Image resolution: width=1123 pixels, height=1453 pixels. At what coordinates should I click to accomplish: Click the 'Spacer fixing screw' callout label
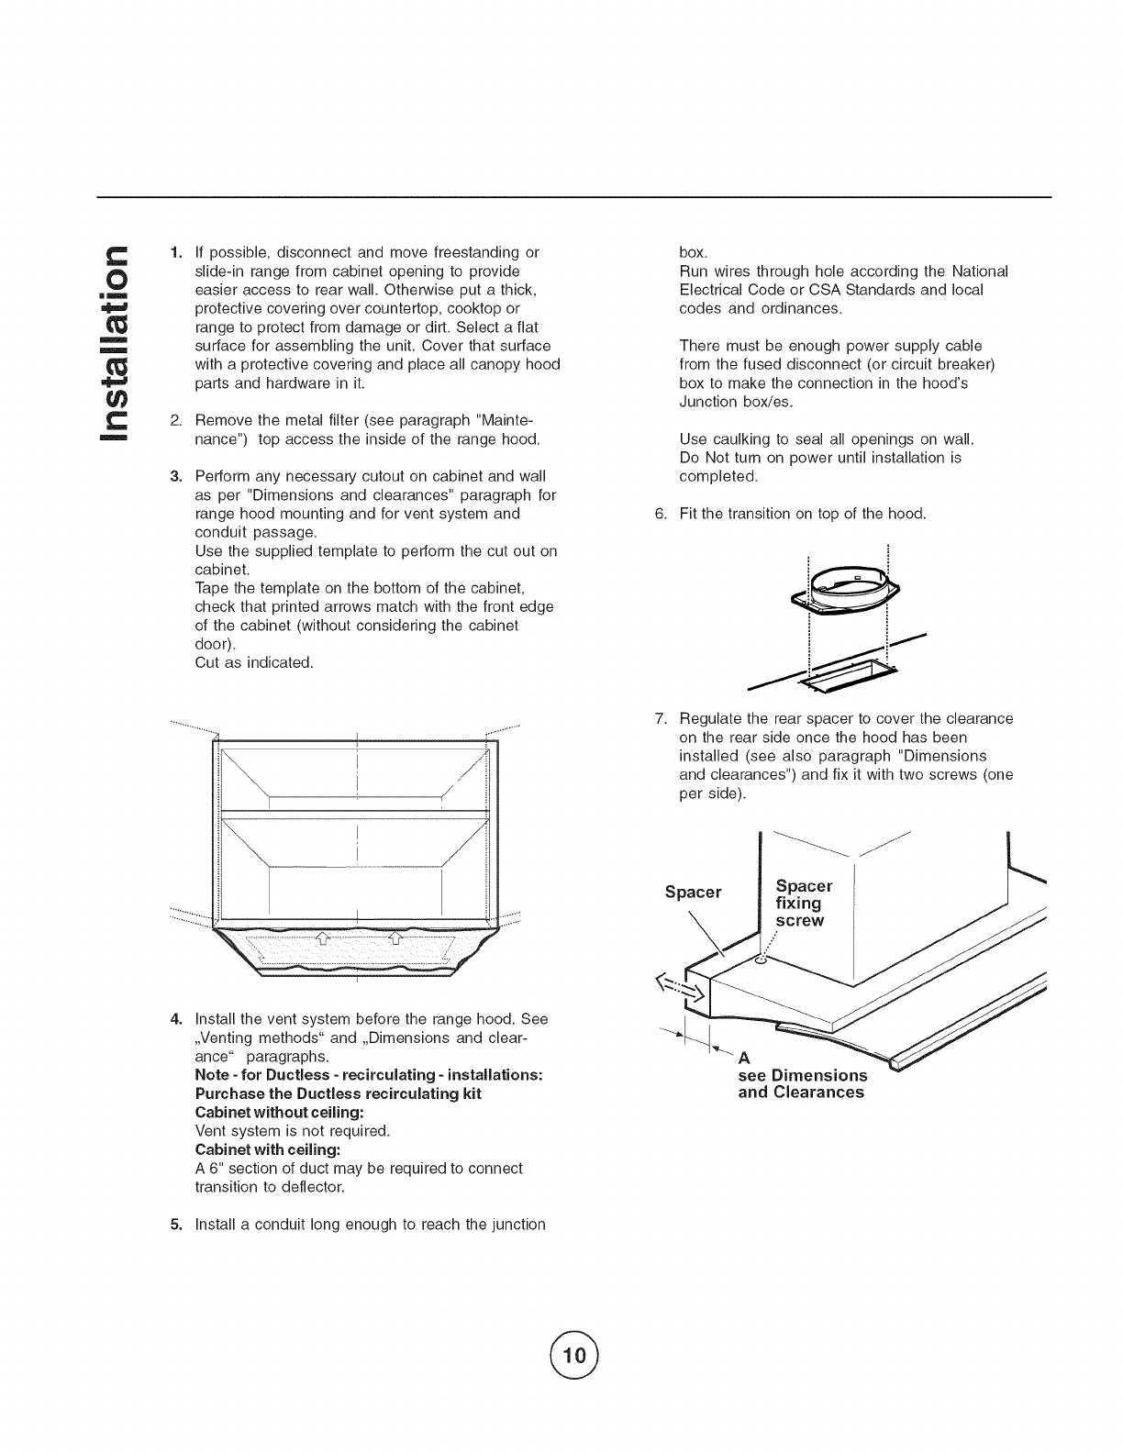(x=803, y=903)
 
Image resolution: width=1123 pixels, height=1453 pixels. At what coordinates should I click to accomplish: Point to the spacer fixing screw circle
(x=760, y=959)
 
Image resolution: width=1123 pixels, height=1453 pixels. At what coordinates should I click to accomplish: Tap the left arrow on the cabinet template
(x=321, y=937)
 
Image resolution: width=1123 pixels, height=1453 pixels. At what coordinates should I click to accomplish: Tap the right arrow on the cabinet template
(x=395, y=937)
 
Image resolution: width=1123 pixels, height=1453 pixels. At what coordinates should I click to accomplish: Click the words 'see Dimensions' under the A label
(x=803, y=1075)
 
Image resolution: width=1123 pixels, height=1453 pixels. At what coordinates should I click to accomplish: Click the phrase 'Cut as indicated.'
(x=254, y=662)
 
